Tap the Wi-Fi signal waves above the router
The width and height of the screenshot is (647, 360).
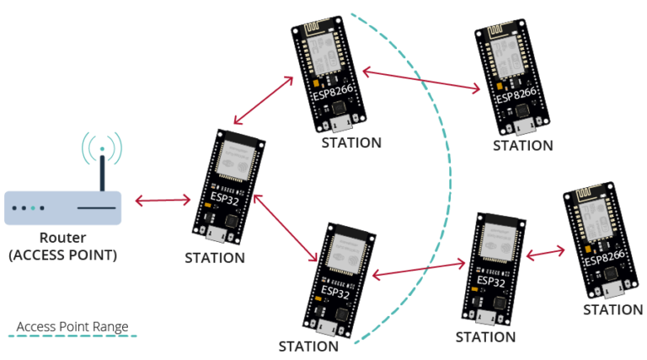(102, 145)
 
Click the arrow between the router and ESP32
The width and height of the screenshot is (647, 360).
(163, 201)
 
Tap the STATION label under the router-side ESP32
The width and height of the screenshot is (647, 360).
(215, 258)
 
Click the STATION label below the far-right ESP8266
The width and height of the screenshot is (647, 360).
(612, 309)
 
